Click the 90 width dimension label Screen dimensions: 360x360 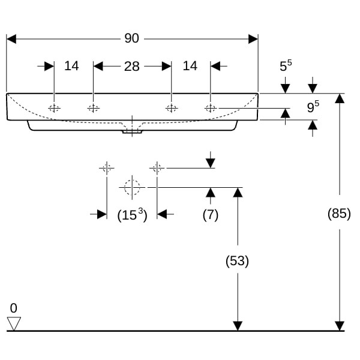click(131, 38)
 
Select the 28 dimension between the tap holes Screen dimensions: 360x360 click(131, 66)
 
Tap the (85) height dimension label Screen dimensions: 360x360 click(339, 213)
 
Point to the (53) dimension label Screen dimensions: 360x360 click(237, 261)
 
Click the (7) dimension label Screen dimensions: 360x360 click(210, 214)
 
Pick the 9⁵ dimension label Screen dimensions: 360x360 click(313, 107)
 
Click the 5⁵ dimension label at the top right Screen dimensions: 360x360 click(286, 65)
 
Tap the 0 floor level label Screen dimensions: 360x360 click(13, 308)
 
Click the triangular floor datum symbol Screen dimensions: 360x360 click(13, 323)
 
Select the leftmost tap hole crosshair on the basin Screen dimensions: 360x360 click(54, 108)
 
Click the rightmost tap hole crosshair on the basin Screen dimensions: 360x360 click(210, 108)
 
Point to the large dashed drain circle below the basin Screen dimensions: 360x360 click(132, 187)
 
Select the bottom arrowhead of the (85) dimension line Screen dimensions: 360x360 click(340, 326)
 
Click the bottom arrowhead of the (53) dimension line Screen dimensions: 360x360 click(238, 326)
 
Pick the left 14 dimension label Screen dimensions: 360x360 click(71, 66)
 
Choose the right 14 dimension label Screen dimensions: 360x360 click(190, 66)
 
